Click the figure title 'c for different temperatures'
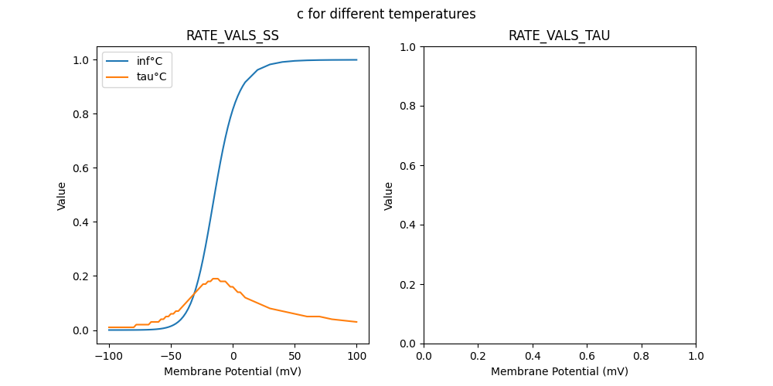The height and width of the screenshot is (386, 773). tap(386, 14)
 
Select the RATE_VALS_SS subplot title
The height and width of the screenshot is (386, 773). tap(233, 36)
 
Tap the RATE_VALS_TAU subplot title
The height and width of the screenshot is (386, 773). tap(559, 36)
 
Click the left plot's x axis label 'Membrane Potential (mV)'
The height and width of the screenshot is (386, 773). tap(233, 371)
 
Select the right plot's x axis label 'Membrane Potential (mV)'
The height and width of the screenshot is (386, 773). tap(559, 371)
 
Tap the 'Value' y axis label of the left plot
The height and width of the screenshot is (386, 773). tap(62, 195)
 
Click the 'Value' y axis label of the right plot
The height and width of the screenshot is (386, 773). tap(389, 195)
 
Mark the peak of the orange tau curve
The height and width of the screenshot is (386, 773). tap(216, 279)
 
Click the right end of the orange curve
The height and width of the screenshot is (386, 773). tap(356, 322)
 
